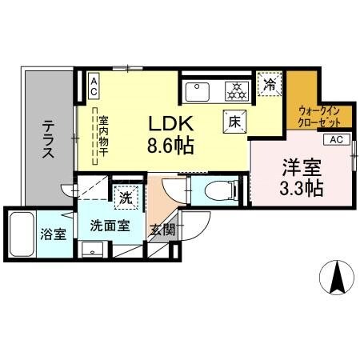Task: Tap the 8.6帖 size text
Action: pos(170,146)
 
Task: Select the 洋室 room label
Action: pos(301,169)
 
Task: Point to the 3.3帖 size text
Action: pos(302,190)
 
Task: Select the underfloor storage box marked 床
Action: pos(234,122)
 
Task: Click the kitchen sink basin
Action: pos(198,91)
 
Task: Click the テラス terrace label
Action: pos(49,137)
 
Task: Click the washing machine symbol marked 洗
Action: pos(126,195)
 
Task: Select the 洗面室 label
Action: pos(109,226)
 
